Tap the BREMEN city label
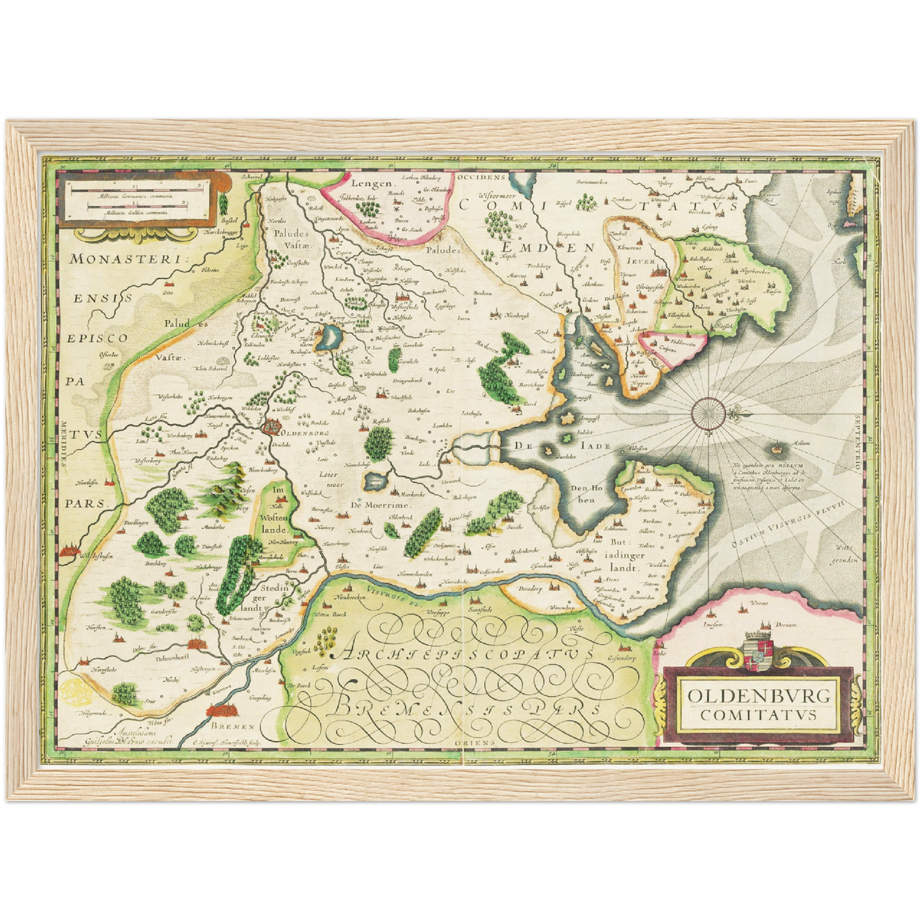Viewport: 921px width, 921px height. tap(234, 726)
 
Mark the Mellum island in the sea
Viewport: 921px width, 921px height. tap(777, 450)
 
